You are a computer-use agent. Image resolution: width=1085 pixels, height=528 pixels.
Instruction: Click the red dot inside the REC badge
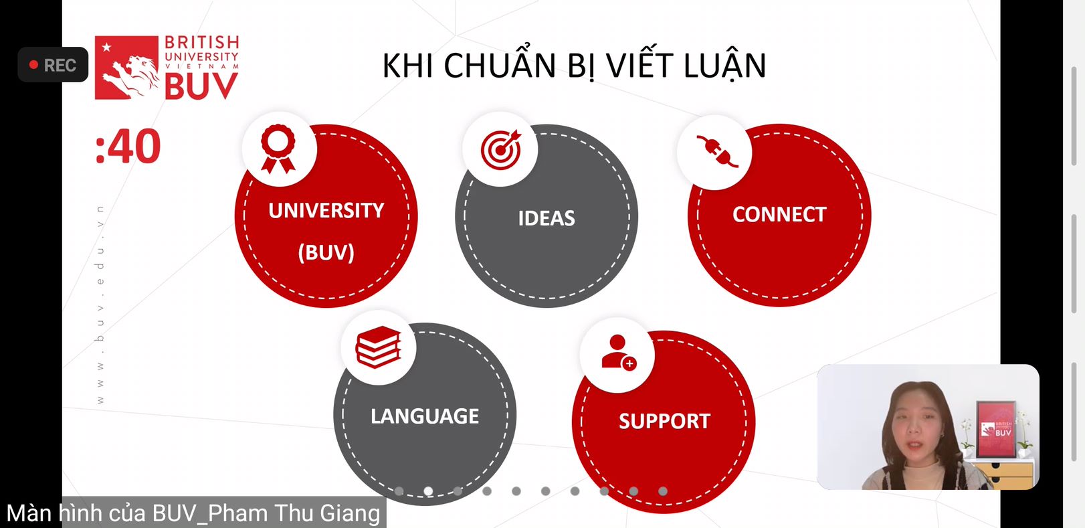pos(33,65)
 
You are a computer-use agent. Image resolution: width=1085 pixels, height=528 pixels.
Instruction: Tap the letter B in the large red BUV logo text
pos(177,86)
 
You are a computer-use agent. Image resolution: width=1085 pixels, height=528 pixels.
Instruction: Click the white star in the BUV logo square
pos(106,47)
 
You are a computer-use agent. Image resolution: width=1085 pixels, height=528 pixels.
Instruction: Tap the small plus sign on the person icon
pos(629,363)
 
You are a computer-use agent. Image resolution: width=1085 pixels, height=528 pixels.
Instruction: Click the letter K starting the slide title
pos(393,66)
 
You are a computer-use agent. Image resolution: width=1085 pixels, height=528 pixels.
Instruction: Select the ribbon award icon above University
pos(278,149)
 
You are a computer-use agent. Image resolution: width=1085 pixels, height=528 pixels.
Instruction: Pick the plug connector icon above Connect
pos(717,151)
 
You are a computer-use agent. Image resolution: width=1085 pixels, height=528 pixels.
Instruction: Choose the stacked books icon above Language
pos(378,347)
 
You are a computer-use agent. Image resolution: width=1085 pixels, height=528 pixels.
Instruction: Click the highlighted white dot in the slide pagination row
pos(428,491)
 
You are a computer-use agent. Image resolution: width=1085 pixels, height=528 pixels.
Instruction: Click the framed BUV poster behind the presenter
pos(995,430)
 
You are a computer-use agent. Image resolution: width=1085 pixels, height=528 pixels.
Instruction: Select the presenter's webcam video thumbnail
pos(928,427)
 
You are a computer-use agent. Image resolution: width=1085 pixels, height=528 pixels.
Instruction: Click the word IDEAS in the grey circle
pos(547,218)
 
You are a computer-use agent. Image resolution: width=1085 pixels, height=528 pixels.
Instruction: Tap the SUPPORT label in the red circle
pos(664,421)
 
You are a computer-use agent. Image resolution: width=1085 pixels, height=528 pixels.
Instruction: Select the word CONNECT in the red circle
pos(779,215)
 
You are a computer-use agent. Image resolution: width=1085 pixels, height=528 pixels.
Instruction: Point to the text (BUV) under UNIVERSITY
pos(326,252)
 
